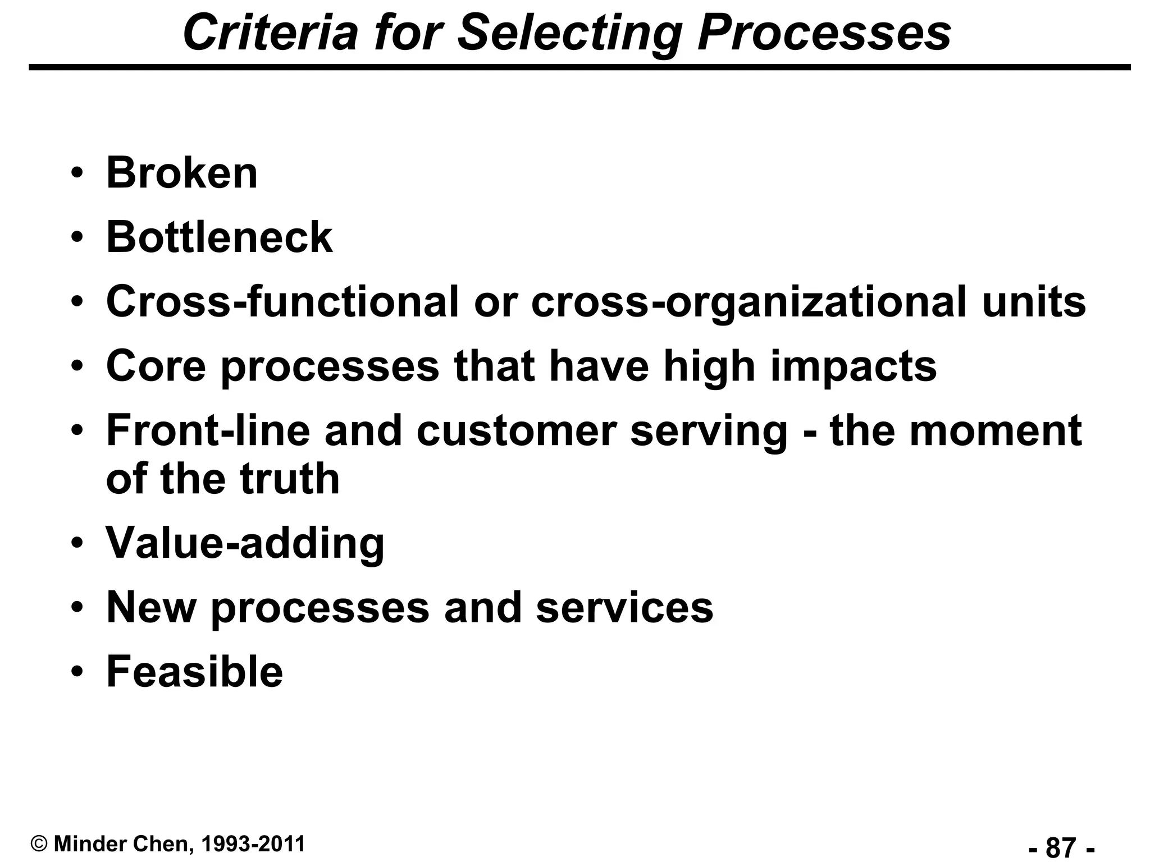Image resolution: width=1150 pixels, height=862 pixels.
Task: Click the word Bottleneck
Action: (219, 237)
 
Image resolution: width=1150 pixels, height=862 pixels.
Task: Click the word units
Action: (1034, 301)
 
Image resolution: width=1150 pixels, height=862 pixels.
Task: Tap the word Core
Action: (156, 366)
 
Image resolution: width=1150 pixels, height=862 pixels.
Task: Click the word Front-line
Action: (208, 430)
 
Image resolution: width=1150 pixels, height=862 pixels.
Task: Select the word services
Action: (624, 608)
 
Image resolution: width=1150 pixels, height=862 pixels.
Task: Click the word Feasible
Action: (194, 672)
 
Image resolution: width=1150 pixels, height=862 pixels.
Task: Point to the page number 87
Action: (1061, 846)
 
